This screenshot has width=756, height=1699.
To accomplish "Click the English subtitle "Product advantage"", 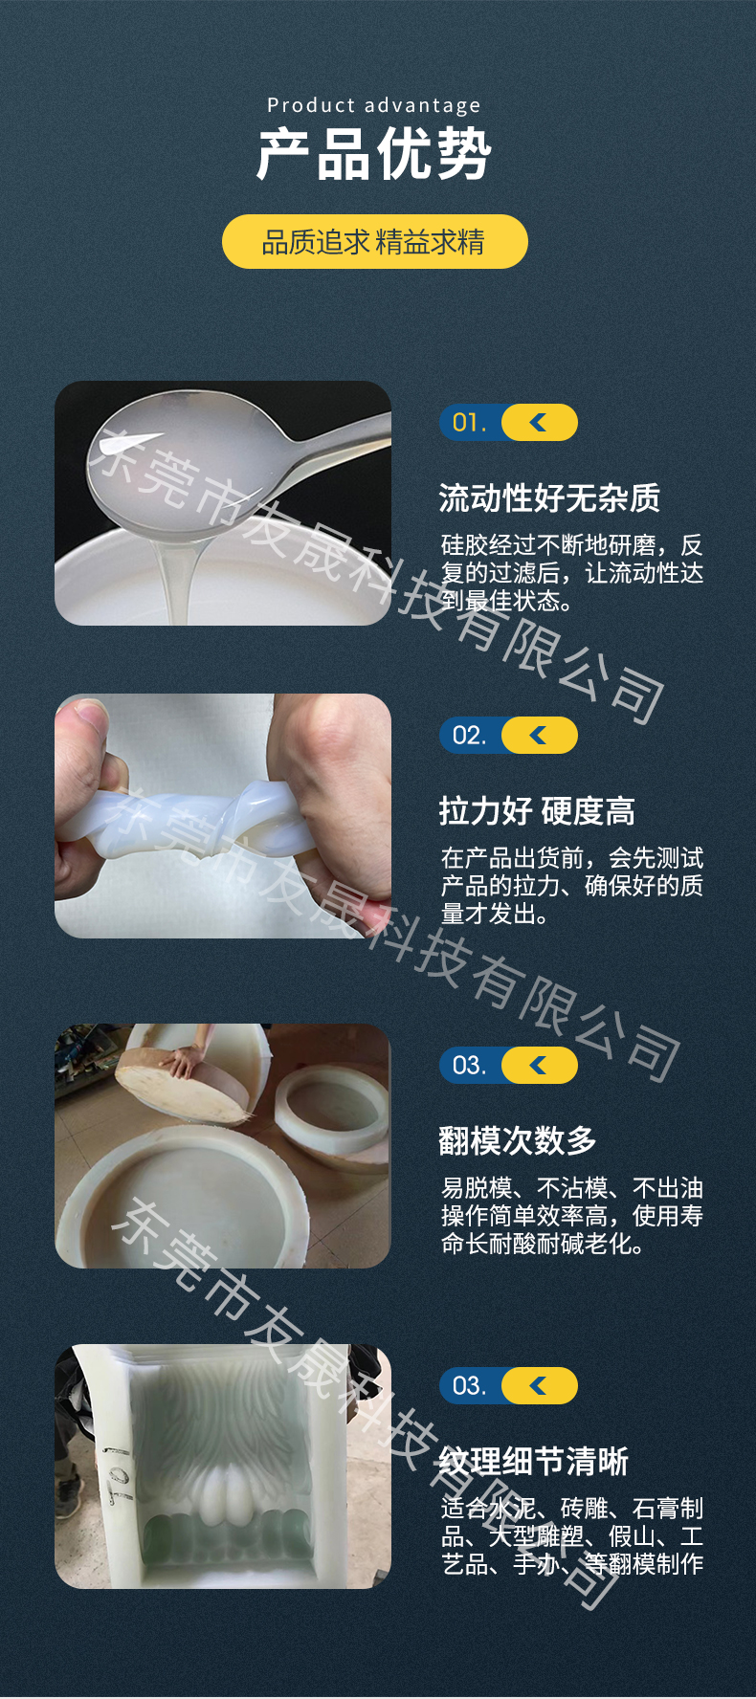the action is click(x=374, y=105).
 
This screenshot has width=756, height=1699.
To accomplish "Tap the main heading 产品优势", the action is click(x=374, y=154).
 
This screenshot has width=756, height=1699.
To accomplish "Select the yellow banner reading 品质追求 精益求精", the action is click(x=374, y=241).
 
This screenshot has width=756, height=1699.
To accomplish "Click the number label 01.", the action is click(x=469, y=423).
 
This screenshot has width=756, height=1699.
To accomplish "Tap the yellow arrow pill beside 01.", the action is click(x=540, y=423).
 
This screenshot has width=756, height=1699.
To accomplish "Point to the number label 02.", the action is click(x=469, y=735).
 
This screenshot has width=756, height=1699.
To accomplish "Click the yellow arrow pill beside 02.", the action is click(x=540, y=735).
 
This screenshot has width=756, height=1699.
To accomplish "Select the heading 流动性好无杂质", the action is click(x=549, y=498).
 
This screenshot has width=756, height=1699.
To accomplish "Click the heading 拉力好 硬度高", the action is click(x=537, y=811).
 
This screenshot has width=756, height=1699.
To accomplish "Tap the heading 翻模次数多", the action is click(x=518, y=1140).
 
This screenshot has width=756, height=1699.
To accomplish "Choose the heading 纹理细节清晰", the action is click(x=534, y=1462).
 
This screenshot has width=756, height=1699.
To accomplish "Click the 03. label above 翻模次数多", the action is click(x=469, y=1066).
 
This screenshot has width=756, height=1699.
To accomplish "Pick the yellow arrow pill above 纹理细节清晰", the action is click(x=540, y=1386).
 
